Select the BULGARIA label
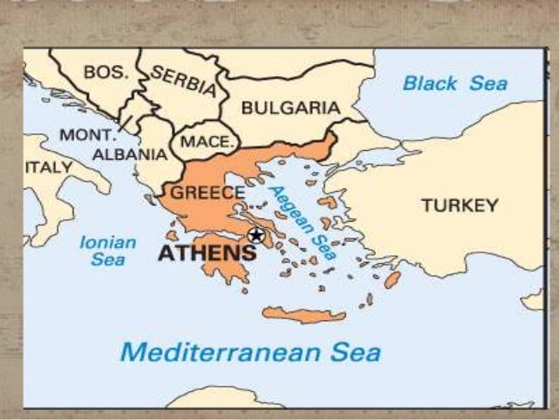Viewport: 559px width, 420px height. point(290,107)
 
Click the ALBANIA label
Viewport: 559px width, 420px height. point(128,154)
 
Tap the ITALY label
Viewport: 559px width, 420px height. point(49,167)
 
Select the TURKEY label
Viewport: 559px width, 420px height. point(459,206)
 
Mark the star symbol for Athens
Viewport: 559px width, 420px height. point(256,235)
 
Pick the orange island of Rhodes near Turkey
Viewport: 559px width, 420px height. point(392,280)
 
